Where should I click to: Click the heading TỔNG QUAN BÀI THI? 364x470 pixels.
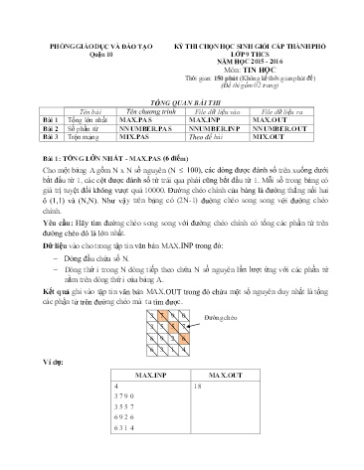[180, 102]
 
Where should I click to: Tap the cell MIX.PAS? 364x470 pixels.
[131, 138]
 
